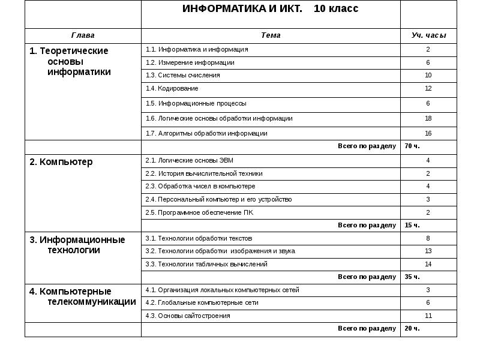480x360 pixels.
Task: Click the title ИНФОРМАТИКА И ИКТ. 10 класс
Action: (270, 9)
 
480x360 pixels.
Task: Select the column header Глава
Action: (83, 35)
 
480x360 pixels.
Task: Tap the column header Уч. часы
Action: (428, 35)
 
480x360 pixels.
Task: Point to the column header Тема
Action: (271, 35)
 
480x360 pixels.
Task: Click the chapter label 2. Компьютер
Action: (61, 162)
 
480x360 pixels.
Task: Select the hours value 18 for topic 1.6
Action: (428, 119)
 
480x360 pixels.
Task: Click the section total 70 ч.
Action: (412, 146)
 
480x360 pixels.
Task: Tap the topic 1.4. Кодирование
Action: (172, 89)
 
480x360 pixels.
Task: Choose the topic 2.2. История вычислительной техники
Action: (204, 173)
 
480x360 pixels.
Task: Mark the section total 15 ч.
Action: (412, 226)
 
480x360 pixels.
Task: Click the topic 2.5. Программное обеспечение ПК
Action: (196, 212)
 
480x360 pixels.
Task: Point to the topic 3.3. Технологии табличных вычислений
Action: (206, 264)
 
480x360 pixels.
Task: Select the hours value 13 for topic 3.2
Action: (428, 251)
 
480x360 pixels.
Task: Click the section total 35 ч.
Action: (412, 277)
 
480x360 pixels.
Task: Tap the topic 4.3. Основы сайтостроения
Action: (188, 316)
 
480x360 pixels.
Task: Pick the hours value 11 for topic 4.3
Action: (428, 316)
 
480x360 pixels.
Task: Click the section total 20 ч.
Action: (412, 329)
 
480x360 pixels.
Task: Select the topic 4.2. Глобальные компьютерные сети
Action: (202, 303)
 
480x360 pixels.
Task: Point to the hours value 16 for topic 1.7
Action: (428, 134)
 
